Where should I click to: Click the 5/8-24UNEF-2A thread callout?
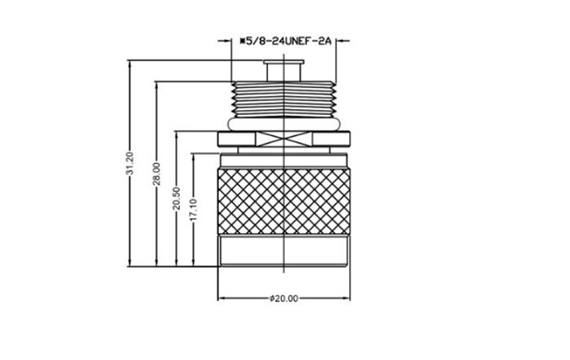click(285, 41)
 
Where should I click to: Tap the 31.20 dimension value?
click(129, 164)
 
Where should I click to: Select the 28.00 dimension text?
click(156, 173)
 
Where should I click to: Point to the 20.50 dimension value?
click(177, 199)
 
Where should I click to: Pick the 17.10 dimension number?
click(194, 209)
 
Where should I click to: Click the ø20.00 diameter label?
click(283, 299)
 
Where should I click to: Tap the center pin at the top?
click(283, 71)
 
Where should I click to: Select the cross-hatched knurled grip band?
click(283, 201)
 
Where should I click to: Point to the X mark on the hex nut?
click(283, 138)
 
